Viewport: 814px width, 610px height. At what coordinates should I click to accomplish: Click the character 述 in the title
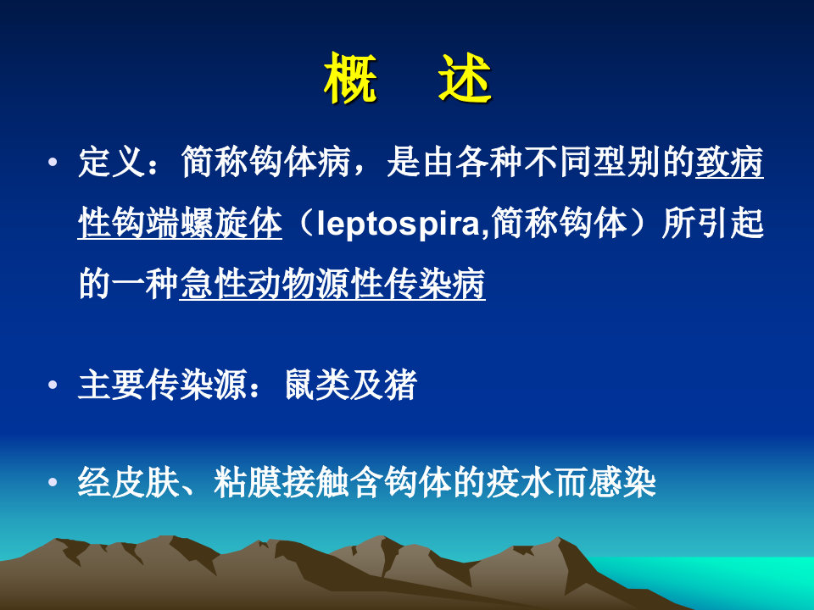[464, 80]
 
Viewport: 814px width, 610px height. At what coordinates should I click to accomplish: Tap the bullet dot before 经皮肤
[55, 483]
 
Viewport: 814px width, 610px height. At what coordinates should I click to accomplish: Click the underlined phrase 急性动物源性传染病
[332, 286]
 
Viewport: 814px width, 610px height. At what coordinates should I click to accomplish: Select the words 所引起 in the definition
[712, 225]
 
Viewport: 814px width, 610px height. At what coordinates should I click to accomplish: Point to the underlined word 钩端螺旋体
[179, 225]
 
